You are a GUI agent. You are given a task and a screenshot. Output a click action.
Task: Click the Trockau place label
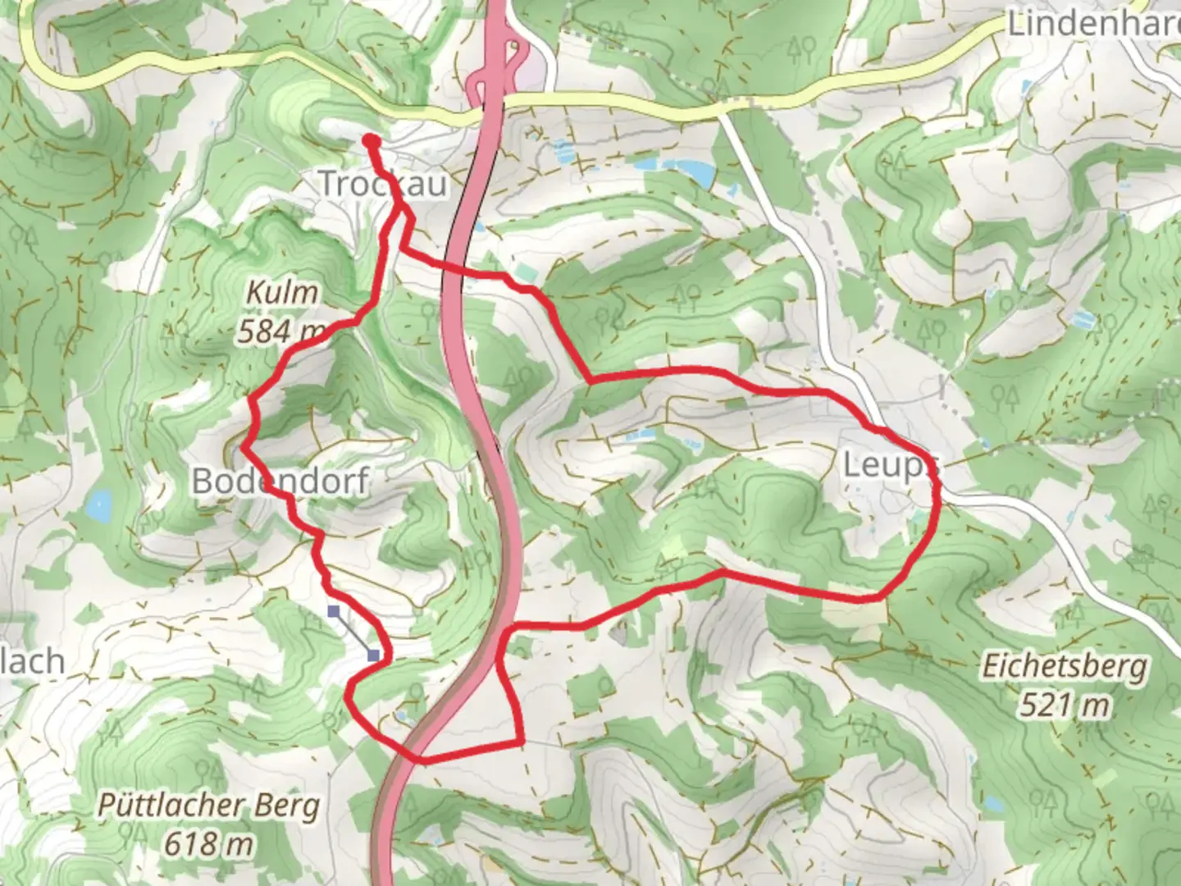[x=382, y=183]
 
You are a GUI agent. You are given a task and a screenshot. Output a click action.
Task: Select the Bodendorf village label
[x=280, y=480]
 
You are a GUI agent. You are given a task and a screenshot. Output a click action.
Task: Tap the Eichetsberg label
[x=1065, y=666]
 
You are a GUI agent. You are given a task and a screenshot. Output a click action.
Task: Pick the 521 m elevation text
[x=1065, y=704]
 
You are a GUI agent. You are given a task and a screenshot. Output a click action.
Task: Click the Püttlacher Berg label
[x=208, y=806]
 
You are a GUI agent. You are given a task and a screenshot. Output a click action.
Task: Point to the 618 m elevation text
[x=208, y=843]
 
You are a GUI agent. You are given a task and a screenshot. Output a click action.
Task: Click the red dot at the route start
[x=370, y=141]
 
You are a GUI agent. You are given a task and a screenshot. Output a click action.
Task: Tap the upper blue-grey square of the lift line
[x=334, y=611]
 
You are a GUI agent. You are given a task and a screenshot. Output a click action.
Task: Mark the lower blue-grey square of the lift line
[x=374, y=655]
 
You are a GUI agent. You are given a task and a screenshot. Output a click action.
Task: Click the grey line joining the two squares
[x=353, y=633]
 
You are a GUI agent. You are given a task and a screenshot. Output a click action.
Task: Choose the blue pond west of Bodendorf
[x=99, y=507]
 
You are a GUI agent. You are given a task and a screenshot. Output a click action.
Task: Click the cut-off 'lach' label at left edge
[x=33, y=661]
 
